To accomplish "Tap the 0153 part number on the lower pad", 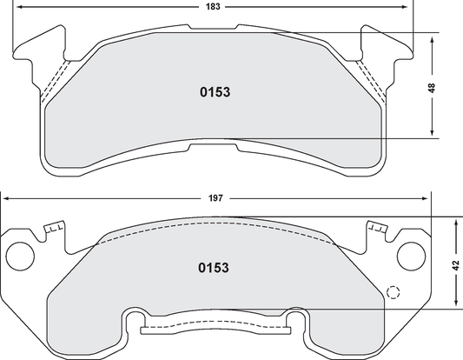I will click(215, 268).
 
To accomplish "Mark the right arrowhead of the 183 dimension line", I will click(409, 8).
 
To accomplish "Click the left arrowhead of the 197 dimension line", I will click(6, 200).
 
